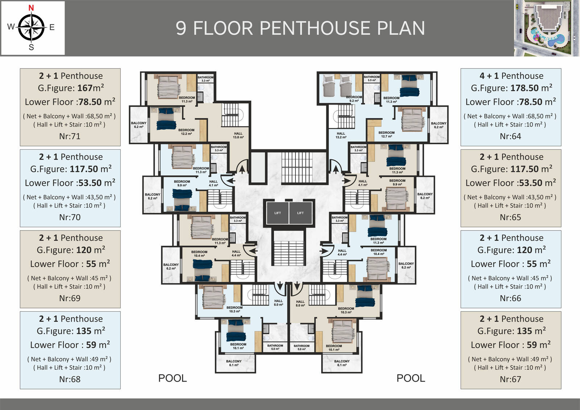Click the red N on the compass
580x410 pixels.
click(x=31, y=8)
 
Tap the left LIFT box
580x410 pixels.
click(x=278, y=213)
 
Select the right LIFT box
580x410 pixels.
click(x=301, y=213)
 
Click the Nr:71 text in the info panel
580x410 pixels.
click(x=70, y=136)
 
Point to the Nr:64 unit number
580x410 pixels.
click(x=510, y=136)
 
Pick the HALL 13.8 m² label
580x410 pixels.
click(x=238, y=136)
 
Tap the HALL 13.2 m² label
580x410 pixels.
click(x=341, y=136)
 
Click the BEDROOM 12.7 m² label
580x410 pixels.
click(x=386, y=134)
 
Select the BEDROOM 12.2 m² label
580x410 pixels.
click(x=186, y=132)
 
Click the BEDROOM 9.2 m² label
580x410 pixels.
click(x=354, y=99)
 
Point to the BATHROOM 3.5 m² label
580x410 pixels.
click(x=372, y=78)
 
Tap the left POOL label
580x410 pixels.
click(x=173, y=378)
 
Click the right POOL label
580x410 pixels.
click(x=411, y=378)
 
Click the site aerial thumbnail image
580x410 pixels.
click(x=546, y=28)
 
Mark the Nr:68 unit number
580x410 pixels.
click(x=70, y=379)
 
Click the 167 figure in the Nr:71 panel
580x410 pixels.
click(x=85, y=88)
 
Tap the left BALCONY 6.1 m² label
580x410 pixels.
click(x=233, y=363)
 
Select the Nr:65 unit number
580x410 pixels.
click(x=510, y=217)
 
